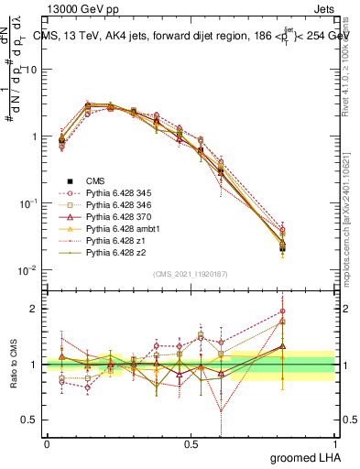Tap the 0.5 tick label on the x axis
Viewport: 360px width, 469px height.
tap(191, 443)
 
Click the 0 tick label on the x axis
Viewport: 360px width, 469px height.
tap(47, 443)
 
